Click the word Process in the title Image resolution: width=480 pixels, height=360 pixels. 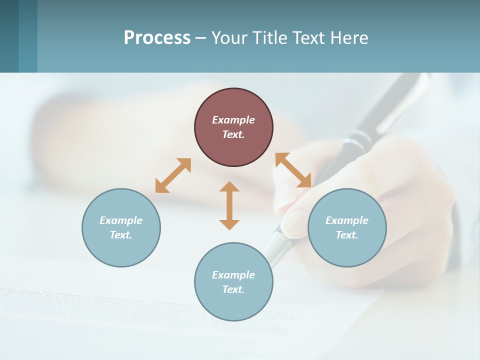[157, 38]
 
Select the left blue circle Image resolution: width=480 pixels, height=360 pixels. [121, 250]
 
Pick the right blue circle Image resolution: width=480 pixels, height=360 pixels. [347, 250]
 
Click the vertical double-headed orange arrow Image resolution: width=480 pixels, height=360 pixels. [229, 205]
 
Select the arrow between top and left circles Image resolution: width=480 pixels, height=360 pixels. [173, 175]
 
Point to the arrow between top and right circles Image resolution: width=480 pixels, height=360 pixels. [293, 170]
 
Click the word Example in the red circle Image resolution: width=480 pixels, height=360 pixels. [233, 120]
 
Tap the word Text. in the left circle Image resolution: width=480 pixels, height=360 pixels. [121, 235]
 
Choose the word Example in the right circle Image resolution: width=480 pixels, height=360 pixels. [347, 220]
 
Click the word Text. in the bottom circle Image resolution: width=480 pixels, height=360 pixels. [233, 289]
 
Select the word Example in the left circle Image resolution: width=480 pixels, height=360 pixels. [121, 220]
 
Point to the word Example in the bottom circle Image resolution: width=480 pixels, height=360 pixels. [233, 275]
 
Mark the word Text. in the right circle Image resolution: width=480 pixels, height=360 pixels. [347, 235]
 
